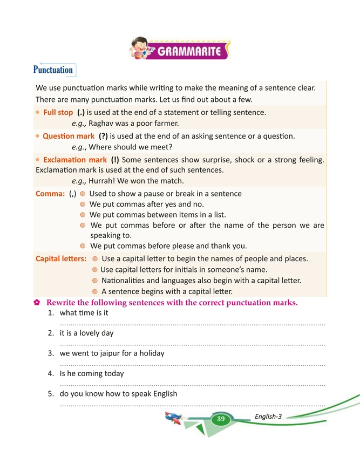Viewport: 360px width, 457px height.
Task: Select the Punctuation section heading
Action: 53,70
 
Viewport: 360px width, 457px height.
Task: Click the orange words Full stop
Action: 58,112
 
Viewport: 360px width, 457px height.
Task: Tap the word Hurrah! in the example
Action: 103,180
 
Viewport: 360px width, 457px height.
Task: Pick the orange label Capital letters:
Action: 61,258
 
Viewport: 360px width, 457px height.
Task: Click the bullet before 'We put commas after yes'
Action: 82,204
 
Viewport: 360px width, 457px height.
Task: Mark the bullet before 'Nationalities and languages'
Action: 96,281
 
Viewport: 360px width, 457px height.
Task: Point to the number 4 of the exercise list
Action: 50,373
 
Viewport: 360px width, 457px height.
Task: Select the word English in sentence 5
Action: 161,393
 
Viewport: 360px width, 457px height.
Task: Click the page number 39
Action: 221,419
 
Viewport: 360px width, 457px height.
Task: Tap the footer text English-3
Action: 268,416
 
